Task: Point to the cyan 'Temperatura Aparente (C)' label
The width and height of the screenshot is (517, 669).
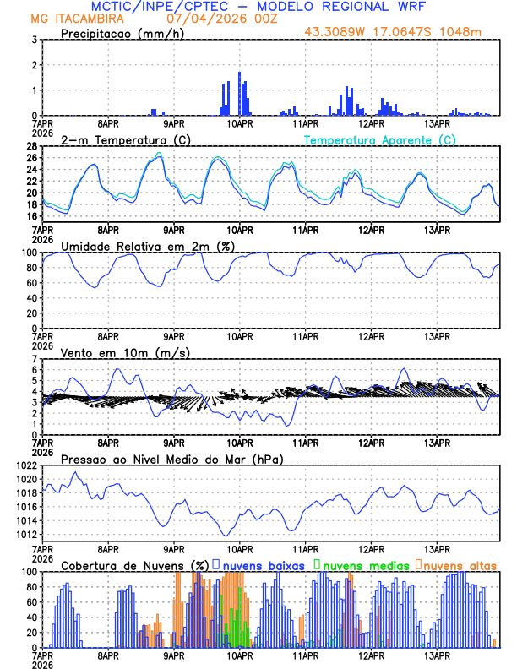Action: pos(380,139)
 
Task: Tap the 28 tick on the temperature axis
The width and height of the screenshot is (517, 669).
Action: pos(30,146)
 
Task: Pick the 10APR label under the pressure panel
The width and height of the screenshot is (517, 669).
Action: pos(240,548)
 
